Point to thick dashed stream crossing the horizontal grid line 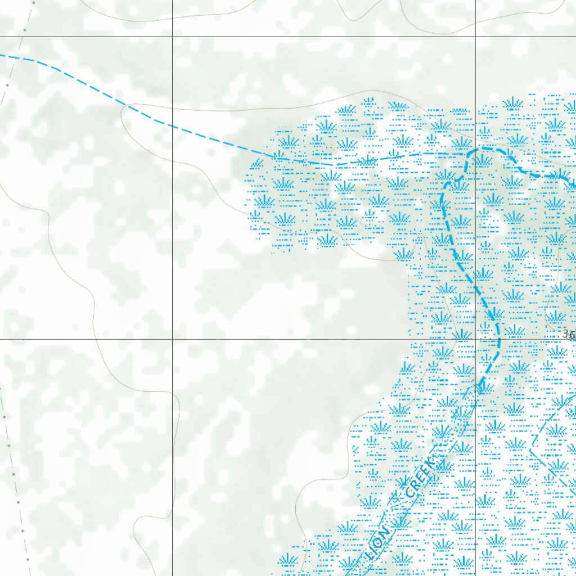498,339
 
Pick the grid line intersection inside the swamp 475,339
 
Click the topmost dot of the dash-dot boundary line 33,2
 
